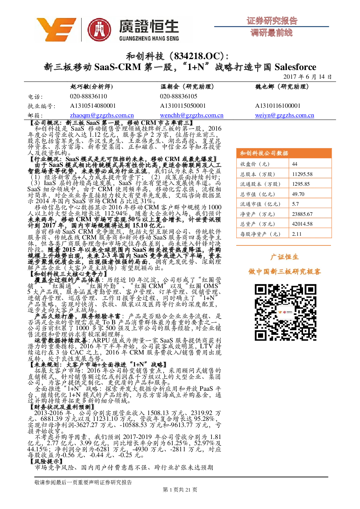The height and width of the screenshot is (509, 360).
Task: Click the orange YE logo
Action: [x=56, y=29]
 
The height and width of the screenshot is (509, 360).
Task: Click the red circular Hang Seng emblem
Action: [x=99, y=30]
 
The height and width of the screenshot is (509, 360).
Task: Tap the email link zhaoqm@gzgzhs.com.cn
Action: [x=102, y=115]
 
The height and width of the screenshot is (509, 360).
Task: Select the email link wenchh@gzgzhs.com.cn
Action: [x=192, y=115]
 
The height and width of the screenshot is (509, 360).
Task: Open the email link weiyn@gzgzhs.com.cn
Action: [x=285, y=115]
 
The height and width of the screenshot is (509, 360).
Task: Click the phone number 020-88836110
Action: [x=89, y=97]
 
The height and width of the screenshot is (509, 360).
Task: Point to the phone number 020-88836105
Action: [x=179, y=97]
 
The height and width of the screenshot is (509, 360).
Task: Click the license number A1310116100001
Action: [x=278, y=106]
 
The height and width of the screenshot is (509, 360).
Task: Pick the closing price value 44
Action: [x=295, y=164]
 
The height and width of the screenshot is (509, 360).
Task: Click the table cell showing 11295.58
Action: [x=302, y=174]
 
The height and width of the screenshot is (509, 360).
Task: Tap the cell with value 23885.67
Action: [x=302, y=214]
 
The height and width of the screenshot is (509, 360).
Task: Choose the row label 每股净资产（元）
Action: [x=260, y=234]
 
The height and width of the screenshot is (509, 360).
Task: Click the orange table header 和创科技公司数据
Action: [x=264, y=153]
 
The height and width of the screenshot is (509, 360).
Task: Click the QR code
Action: [x=286, y=312]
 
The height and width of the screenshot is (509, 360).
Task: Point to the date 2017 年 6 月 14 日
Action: [x=307, y=77]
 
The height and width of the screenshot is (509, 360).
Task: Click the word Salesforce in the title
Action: [x=295, y=67]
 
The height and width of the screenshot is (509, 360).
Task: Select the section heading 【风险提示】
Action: [x=46, y=461]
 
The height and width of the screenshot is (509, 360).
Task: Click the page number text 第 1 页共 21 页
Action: [x=180, y=490]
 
